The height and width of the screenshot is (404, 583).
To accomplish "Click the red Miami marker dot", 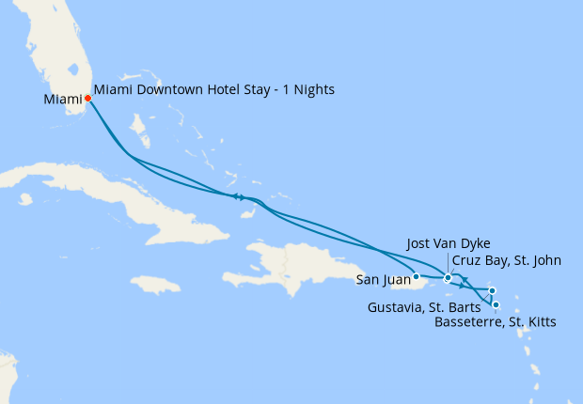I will [87, 98].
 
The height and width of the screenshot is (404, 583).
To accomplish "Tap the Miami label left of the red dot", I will [63, 99].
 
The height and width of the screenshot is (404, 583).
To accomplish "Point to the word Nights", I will [313, 90].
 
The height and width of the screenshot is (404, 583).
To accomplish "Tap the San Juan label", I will [384, 279].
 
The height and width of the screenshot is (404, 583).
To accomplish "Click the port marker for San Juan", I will [416, 276].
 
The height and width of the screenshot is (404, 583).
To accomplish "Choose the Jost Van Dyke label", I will [449, 243].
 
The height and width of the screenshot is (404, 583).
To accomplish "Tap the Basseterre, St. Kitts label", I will [496, 322].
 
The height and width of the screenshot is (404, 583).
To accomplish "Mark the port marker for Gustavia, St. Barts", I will [492, 290].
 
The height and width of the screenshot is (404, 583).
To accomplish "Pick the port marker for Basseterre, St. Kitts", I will [496, 304].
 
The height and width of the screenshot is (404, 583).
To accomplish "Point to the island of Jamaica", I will [155, 283].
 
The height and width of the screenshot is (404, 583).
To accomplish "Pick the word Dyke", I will [476, 243].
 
